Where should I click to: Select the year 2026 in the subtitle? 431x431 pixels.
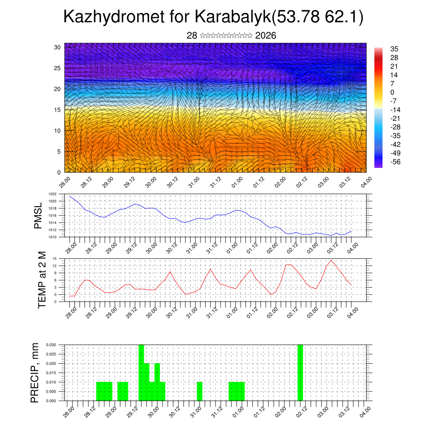266,36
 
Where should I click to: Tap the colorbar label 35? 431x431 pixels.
394,49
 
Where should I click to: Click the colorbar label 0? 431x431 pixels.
393,93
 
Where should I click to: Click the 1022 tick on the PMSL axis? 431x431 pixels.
52,194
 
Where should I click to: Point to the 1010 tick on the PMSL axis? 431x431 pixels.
52,237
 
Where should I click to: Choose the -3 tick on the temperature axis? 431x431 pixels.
54,301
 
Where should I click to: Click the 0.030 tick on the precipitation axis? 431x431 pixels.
50,345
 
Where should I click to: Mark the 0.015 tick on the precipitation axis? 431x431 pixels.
50,373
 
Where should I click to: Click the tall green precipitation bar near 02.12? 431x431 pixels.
300,372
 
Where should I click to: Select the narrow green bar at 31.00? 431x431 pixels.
200,391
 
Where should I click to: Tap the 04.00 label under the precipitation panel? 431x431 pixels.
364,411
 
